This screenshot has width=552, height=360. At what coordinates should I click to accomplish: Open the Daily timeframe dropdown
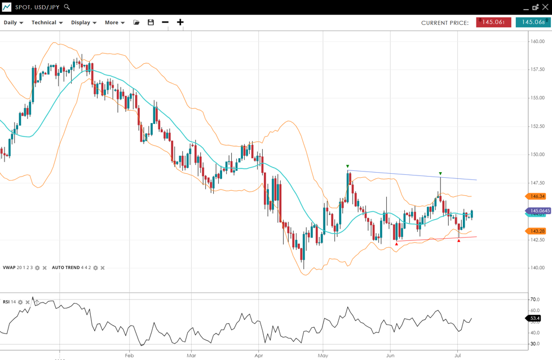[x=14, y=23]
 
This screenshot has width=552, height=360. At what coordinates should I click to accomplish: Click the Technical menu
[x=47, y=23]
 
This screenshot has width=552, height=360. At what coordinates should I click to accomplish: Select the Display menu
[x=83, y=23]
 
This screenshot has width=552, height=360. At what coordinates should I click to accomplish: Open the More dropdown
[x=114, y=23]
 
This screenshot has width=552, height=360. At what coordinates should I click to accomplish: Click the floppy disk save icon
[x=151, y=23]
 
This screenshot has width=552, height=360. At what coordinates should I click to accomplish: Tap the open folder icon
[x=136, y=23]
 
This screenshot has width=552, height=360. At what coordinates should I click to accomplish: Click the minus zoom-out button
[x=165, y=23]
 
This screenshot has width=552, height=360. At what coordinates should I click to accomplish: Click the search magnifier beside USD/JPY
[x=67, y=7]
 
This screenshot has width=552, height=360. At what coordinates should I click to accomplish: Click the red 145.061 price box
[x=493, y=23]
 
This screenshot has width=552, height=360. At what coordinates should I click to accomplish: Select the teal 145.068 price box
[x=533, y=23]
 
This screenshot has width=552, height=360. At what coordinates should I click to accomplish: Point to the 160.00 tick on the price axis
[x=537, y=41]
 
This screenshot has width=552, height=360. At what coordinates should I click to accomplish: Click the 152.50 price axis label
[x=537, y=126]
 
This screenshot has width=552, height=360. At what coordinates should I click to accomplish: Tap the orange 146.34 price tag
[x=537, y=196]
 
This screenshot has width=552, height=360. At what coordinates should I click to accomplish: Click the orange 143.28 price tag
[x=537, y=231]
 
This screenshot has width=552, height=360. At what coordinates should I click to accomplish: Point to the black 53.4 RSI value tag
[x=533, y=318]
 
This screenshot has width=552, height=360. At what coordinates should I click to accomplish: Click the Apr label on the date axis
[x=259, y=355]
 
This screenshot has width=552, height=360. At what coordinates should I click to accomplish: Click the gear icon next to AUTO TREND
[x=96, y=268]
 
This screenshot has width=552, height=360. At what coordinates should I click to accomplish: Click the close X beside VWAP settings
[x=45, y=268]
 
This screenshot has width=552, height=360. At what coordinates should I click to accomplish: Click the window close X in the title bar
[x=545, y=7]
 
